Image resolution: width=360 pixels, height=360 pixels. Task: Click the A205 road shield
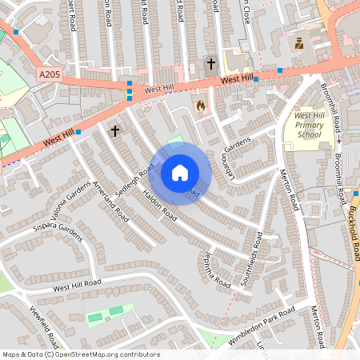49,74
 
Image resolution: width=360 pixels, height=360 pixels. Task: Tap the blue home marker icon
180,173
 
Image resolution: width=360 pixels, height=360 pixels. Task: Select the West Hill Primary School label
307,126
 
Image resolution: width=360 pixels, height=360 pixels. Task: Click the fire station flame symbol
200,105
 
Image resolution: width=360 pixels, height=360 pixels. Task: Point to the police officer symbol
299,43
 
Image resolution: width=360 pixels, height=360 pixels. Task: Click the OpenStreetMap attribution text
81,354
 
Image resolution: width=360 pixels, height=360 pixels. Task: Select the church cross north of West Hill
211,62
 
